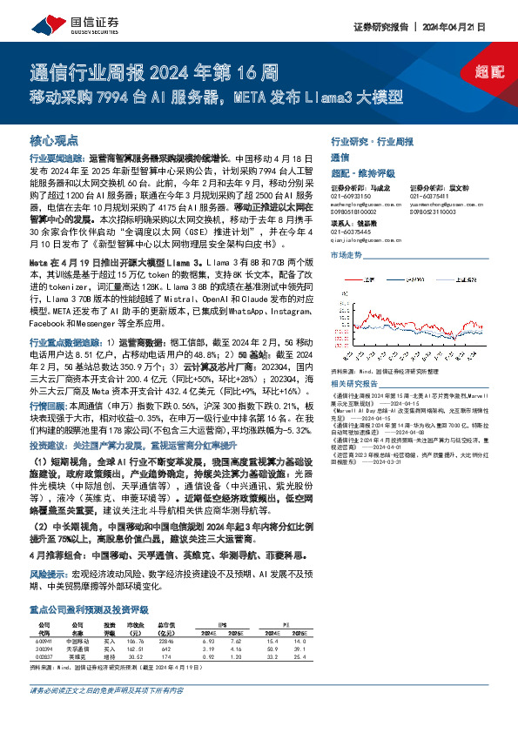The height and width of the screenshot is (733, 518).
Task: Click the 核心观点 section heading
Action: pos(55,138)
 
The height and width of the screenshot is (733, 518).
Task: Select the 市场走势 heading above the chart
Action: pos(345,253)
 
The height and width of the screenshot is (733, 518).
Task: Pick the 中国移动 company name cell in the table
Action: pos(77,640)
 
